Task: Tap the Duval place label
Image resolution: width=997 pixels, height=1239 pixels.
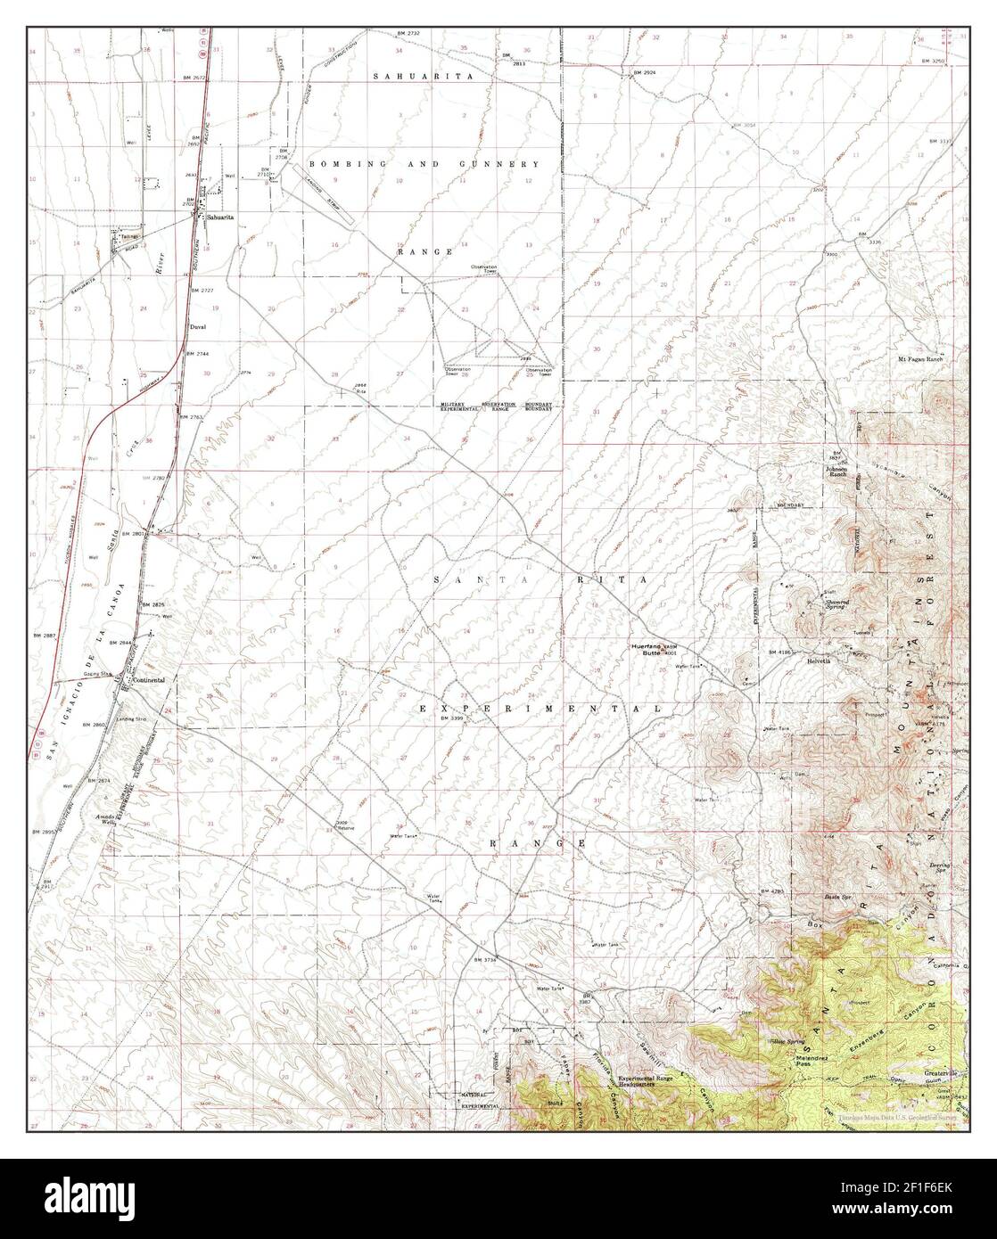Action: click(x=199, y=327)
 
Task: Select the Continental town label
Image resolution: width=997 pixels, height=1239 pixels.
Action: click(x=149, y=679)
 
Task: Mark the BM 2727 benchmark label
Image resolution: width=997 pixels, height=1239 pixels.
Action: click(x=202, y=291)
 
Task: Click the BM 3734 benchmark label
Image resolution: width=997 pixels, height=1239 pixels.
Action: click(x=485, y=959)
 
